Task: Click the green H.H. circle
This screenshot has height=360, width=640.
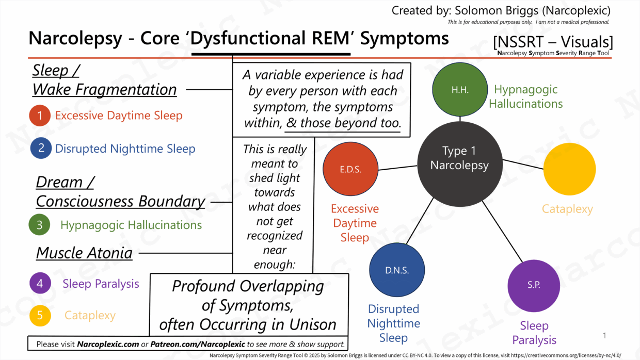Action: tap(459, 90)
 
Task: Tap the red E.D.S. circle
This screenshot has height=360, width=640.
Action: tap(350, 169)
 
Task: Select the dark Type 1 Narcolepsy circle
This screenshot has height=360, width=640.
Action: tap(459, 158)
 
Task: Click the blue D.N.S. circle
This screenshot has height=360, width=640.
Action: tap(396, 270)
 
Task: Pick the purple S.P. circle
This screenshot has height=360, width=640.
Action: tap(534, 286)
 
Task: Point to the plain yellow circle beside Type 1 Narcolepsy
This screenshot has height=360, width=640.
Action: tap(569, 169)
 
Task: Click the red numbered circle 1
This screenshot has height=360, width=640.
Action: tap(40, 116)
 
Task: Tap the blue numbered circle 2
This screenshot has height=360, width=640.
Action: tap(41, 149)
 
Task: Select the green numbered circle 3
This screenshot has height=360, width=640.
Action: tap(40, 225)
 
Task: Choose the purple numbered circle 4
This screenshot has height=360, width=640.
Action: tap(40, 284)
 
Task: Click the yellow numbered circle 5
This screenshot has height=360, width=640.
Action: tap(40, 316)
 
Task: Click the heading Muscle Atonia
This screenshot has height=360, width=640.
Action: tap(84, 253)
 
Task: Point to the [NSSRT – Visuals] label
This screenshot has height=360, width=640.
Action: tap(553, 42)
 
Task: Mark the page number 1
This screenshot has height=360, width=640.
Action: tap(604, 336)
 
